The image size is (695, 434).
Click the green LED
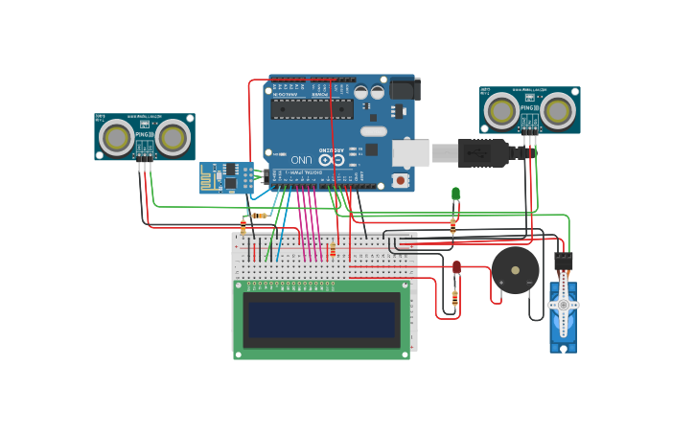[456, 194]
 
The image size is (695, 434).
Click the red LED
[456, 266]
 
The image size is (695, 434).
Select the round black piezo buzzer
[515, 270]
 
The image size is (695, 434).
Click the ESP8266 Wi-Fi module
[226, 177]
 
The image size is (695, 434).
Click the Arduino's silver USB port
[410, 153]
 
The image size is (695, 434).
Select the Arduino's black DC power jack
[404, 89]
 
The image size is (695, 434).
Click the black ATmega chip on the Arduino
[311, 108]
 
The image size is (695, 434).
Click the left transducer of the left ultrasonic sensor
[117, 138]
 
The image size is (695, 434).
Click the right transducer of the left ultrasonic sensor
[174, 138]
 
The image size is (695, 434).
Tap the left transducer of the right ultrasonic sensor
[501, 110]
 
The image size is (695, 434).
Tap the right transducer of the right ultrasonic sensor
[559, 110]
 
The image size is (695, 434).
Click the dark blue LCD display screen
[321, 320]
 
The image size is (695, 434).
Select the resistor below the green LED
[452, 226]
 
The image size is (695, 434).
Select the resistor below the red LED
[454, 298]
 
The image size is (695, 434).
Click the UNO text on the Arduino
[301, 158]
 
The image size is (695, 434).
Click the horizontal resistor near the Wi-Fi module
[259, 216]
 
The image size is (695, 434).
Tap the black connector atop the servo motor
[563, 260]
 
